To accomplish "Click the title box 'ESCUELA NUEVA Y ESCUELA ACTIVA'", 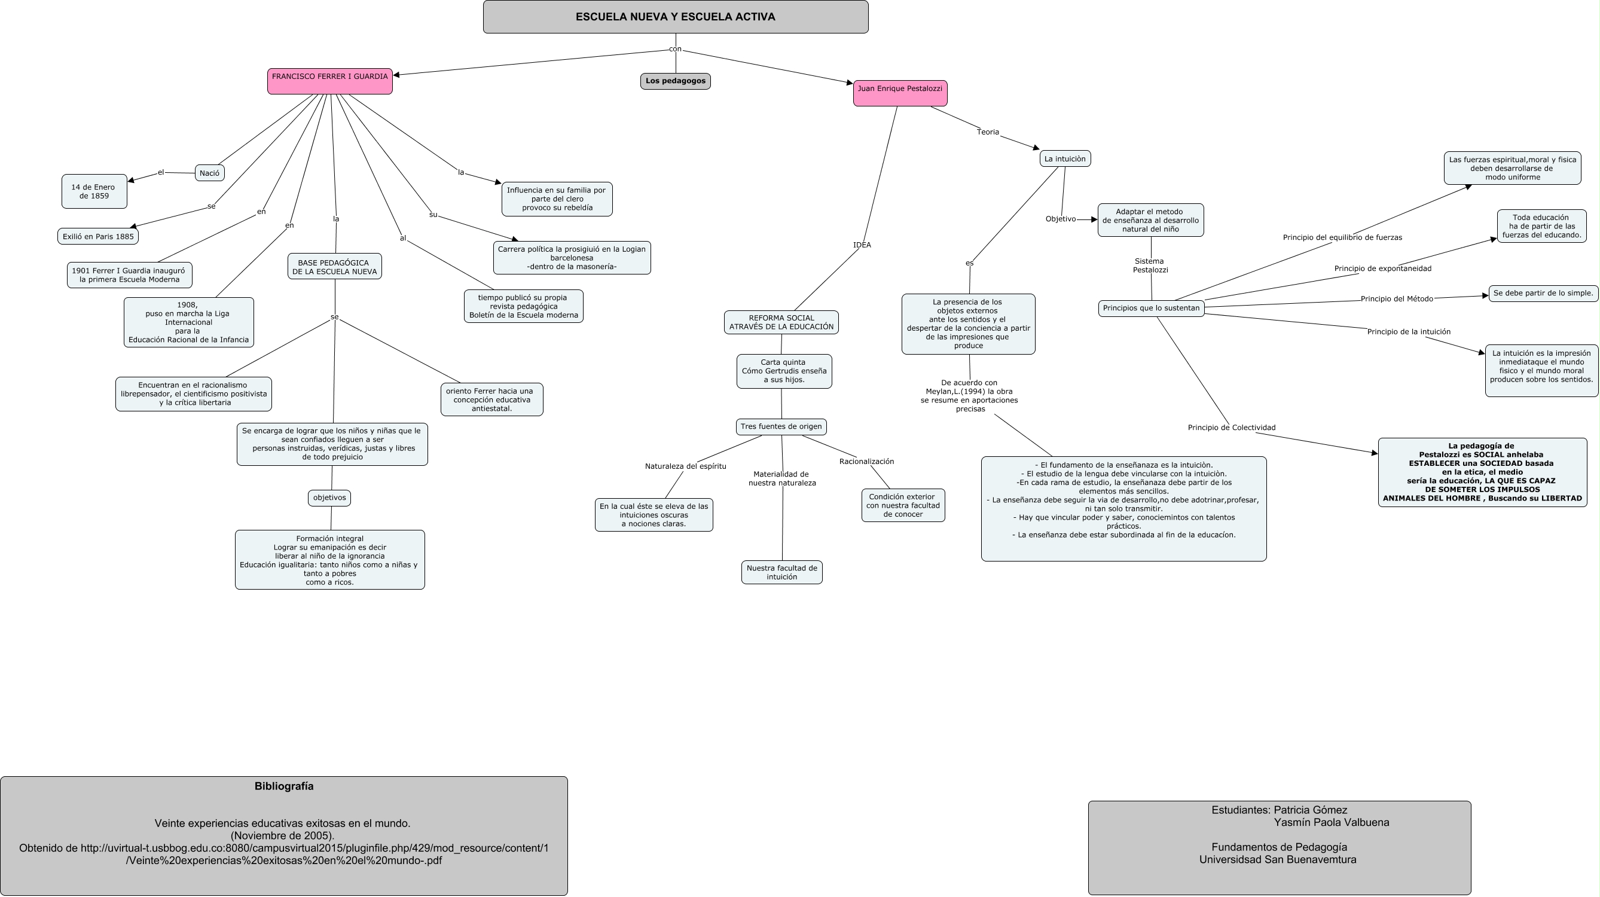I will tap(675, 17).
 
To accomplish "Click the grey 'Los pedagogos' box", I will tap(675, 81).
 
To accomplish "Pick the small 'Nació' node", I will tap(209, 173).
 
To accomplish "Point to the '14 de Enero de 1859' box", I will tap(94, 191).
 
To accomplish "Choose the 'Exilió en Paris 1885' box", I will tap(98, 237).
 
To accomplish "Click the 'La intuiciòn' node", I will tap(1065, 158).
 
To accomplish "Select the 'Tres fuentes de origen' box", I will tap(781, 427).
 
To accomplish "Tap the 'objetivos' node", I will tap(329, 498).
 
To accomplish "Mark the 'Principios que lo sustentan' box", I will tap(1151, 308).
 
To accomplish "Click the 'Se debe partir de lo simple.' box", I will tap(1543, 293).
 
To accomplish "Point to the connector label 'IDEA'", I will tap(862, 245).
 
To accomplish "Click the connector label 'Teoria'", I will tap(988, 132).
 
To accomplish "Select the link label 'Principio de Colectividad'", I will tap(1231, 428).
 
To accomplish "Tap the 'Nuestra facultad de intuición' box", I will tap(781, 572).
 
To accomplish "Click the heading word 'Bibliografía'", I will tap(284, 786).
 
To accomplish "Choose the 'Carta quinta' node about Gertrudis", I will tap(784, 371).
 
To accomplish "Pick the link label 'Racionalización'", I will tap(866, 462).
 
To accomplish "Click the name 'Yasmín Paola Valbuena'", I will tap(1331, 822).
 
